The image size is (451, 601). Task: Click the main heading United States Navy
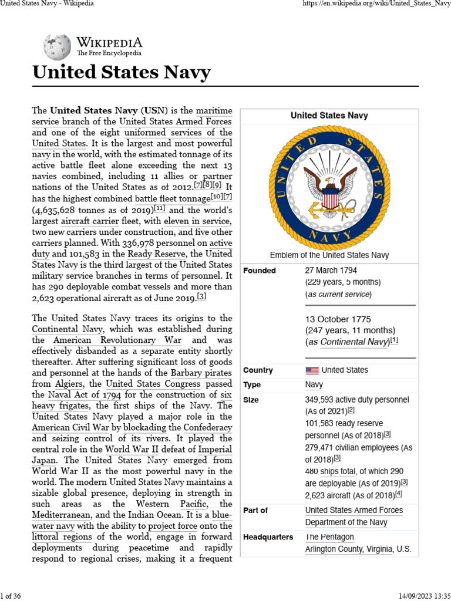coord(121,73)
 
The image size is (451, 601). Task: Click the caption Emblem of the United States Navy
coord(329,255)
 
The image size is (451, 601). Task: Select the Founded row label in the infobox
coord(259,271)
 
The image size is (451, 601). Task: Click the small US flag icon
coord(312,370)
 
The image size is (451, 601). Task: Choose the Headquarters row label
coord(268,537)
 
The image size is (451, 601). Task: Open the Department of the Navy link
coord(346,522)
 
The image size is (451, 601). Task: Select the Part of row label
coord(255,510)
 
